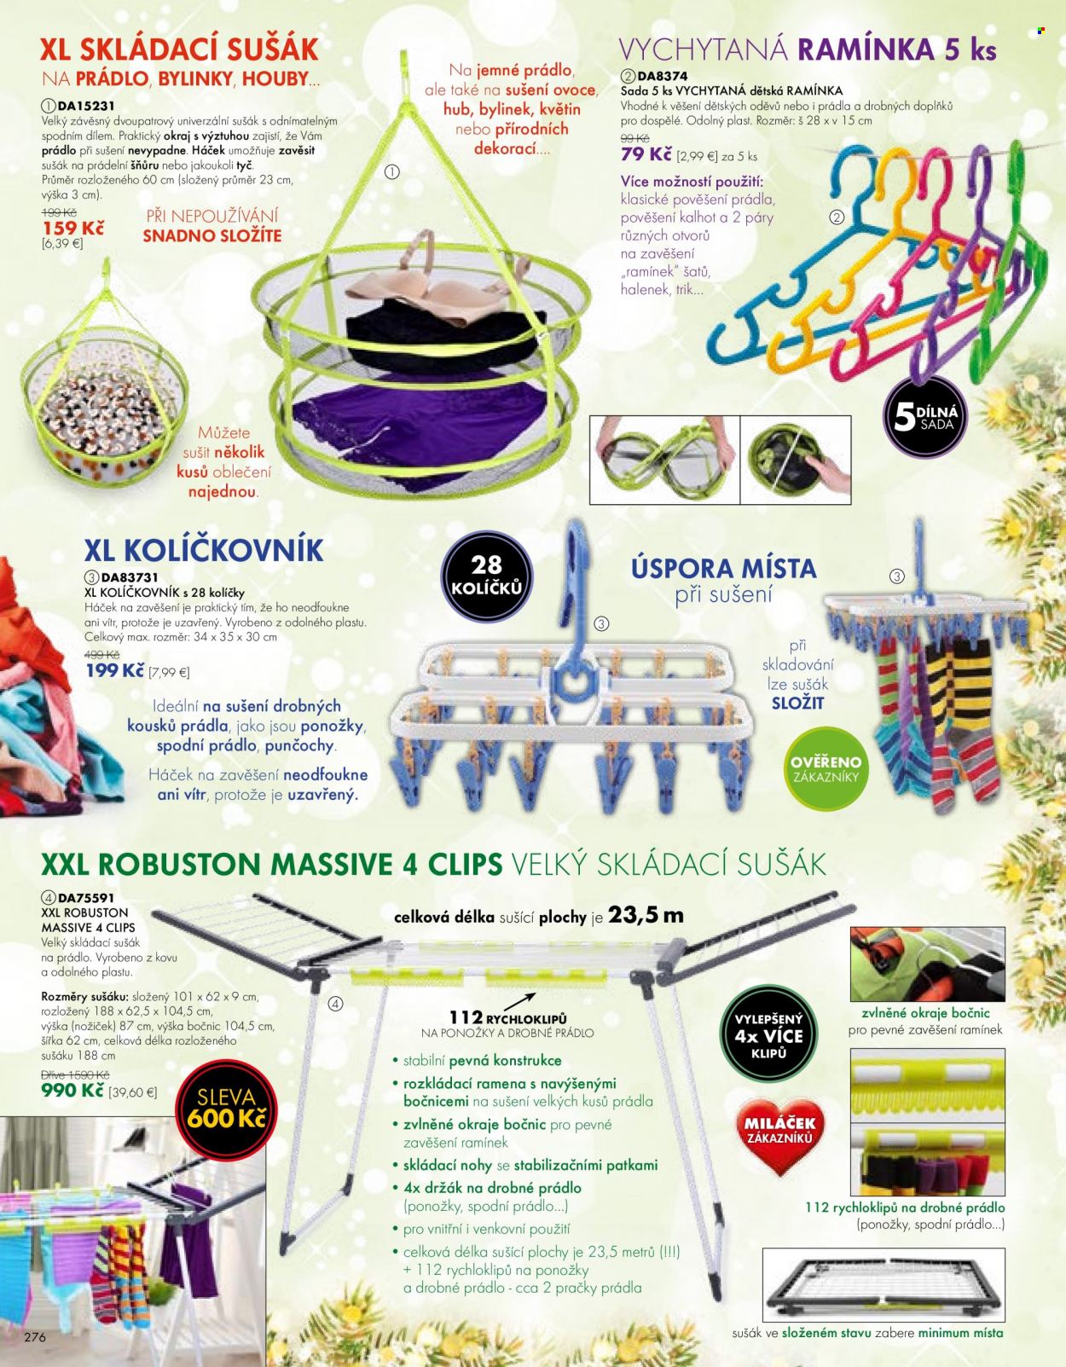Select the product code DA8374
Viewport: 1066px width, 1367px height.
[x=663, y=77]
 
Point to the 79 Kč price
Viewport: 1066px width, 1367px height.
[x=646, y=155]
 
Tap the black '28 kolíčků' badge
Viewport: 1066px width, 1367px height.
[x=486, y=576]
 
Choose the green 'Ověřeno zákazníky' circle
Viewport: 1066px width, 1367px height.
[x=826, y=768]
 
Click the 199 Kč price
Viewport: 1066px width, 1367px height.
[x=115, y=670]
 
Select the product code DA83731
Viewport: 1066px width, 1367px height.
[x=130, y=576]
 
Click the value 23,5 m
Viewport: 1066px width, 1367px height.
[x=646, y=916]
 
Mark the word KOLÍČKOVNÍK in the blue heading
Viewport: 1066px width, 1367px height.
[x=223, y=550]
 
